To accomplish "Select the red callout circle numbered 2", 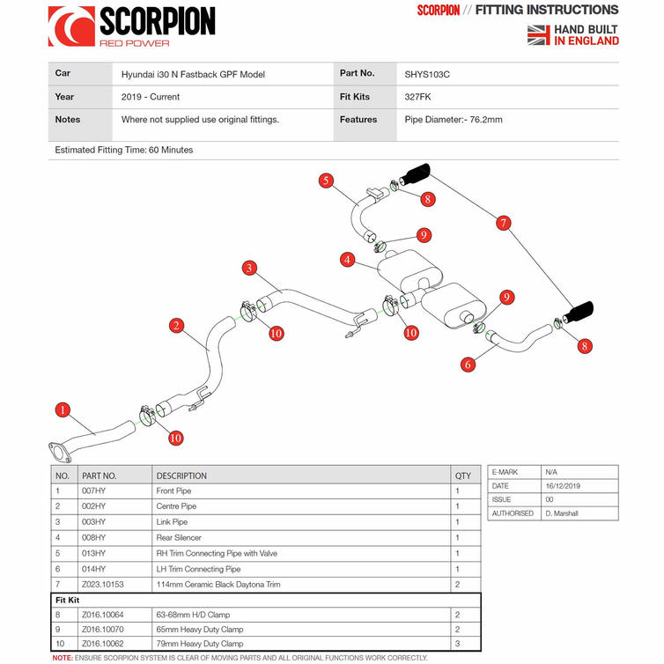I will point(177,326).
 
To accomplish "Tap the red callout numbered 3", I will point(250,268).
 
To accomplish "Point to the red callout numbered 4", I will point(349,260).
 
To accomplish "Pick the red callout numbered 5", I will point(326,181).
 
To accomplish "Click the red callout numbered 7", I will point(504,224).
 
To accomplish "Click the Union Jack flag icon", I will point(538,34).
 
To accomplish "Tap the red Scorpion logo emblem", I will point(71,26).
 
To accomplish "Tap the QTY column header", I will point(462,475).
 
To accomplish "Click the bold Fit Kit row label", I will point(69,599).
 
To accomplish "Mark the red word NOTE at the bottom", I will point(62,658).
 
